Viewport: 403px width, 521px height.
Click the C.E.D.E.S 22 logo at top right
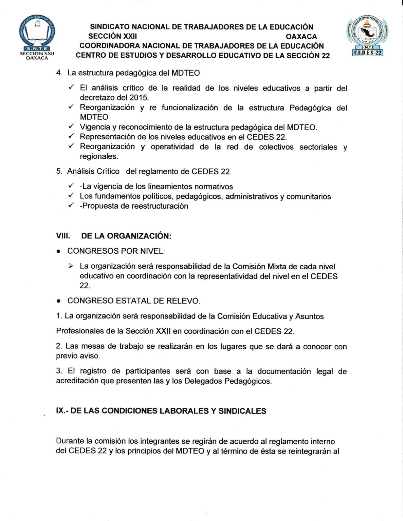(x=367, y=37)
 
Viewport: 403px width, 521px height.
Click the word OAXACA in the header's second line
(x=301, y=36)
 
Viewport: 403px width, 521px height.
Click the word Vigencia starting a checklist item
(x=95, y=127)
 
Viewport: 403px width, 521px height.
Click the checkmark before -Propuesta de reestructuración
(x=71, y=205)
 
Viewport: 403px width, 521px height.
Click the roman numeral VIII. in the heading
(x=63, y=236)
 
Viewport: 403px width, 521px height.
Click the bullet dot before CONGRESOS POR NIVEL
(x=59, y=252)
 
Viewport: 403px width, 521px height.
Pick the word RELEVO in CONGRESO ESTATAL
(x=186, y=301)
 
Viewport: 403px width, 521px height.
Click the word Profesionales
(x=77, y=331)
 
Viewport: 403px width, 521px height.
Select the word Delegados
(x=200, y=381)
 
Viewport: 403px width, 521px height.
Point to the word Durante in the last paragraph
(x=70, y=441)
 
